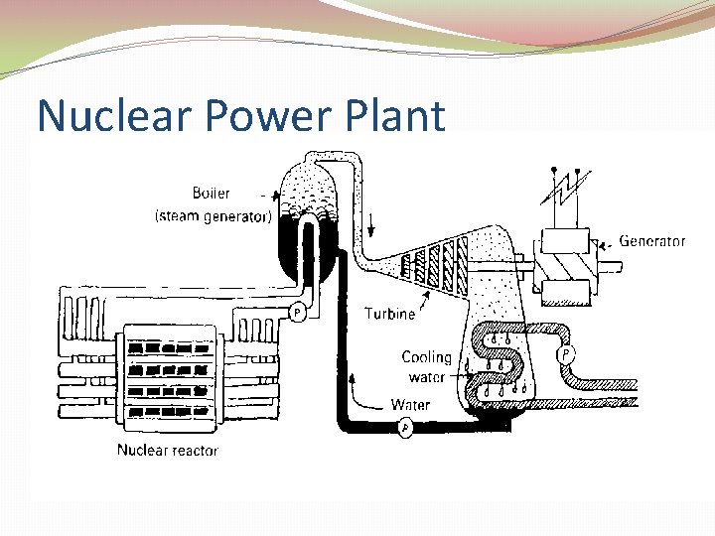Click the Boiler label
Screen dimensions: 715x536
click(210, 194)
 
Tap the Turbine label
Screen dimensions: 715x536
click(389, 314)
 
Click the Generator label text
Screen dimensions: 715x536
click(651, 240)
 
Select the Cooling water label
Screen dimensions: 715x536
click(426, 367)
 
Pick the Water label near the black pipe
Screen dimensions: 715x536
click(410, 404)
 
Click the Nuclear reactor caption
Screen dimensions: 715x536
click(167, 450)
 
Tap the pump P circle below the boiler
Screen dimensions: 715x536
click(296, 314)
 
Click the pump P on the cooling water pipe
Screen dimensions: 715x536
click(566, 352)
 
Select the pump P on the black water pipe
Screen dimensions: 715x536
click(404, 428)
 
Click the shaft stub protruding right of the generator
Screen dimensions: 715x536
click(613, 266)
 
